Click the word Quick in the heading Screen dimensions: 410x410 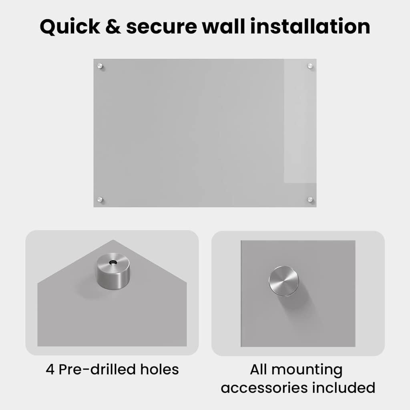point(70,27)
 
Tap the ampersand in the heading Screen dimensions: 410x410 point(113,26)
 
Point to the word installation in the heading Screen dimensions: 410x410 point(310,26)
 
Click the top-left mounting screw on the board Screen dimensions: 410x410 point(100,66)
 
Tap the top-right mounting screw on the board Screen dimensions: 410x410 point(310,66)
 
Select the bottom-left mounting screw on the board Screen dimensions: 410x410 point(100,199)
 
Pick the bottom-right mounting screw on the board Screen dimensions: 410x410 point(310,199)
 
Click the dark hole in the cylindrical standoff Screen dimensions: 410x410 point(113,262)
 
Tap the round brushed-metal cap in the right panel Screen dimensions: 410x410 point(284,281)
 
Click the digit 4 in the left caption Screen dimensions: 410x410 point(50,370)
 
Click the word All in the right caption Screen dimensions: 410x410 point(258,369)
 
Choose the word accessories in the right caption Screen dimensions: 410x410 point(264,388)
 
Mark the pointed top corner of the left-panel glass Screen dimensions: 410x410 point(113,240)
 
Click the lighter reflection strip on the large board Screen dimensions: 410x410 point(300,121)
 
